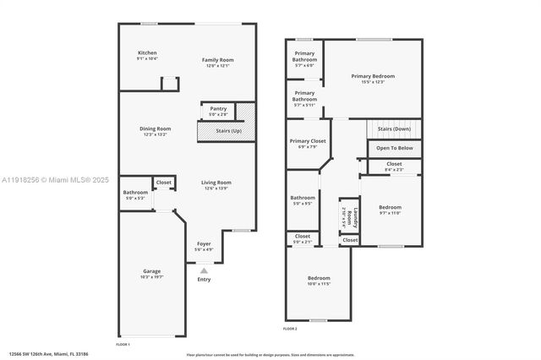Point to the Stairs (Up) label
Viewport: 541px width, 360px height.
click(x=229, y=131)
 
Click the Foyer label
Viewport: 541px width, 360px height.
click(x=204, y=246)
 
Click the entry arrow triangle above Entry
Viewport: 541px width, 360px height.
click(x=204, y=270)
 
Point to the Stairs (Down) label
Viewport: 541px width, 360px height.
click(x=394, y=128)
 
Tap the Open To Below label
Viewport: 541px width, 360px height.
click(x=395, y=148)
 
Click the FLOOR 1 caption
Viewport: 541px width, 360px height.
click(x=123, y=344)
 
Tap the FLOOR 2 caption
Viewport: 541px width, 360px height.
click(x=290, y=328)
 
